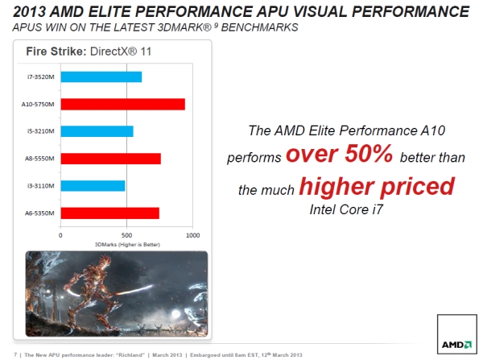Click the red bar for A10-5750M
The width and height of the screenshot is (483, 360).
point(122,104)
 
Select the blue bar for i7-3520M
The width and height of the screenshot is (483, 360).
point(101,77)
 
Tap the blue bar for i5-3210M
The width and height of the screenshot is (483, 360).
point(97,131)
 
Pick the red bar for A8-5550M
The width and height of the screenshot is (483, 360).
point(111,159)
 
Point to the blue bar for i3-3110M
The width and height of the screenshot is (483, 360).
point(93,186)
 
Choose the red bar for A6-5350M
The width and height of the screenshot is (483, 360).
point(110,213)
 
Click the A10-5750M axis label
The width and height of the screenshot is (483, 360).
point(38,104)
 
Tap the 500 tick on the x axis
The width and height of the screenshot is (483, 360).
point(126,235)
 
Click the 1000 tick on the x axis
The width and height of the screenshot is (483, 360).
point(192,235)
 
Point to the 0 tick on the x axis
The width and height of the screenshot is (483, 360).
point(61,235)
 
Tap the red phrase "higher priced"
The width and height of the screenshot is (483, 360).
point(376,187)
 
